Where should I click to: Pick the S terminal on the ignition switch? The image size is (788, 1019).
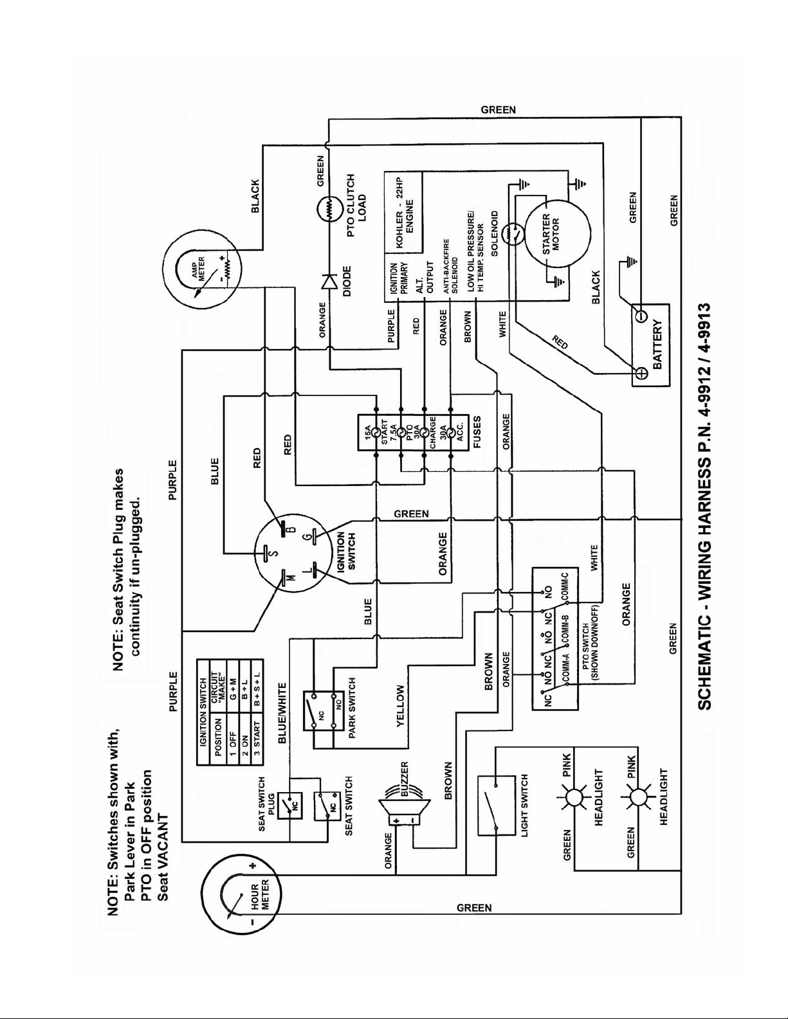pos(265,552)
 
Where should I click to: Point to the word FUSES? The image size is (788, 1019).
pos(477,433)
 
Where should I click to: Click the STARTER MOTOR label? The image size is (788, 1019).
pos(551,234)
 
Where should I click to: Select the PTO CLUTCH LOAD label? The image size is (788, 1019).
pos(357,205)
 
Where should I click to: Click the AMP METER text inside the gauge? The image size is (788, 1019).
pos(198,269)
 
